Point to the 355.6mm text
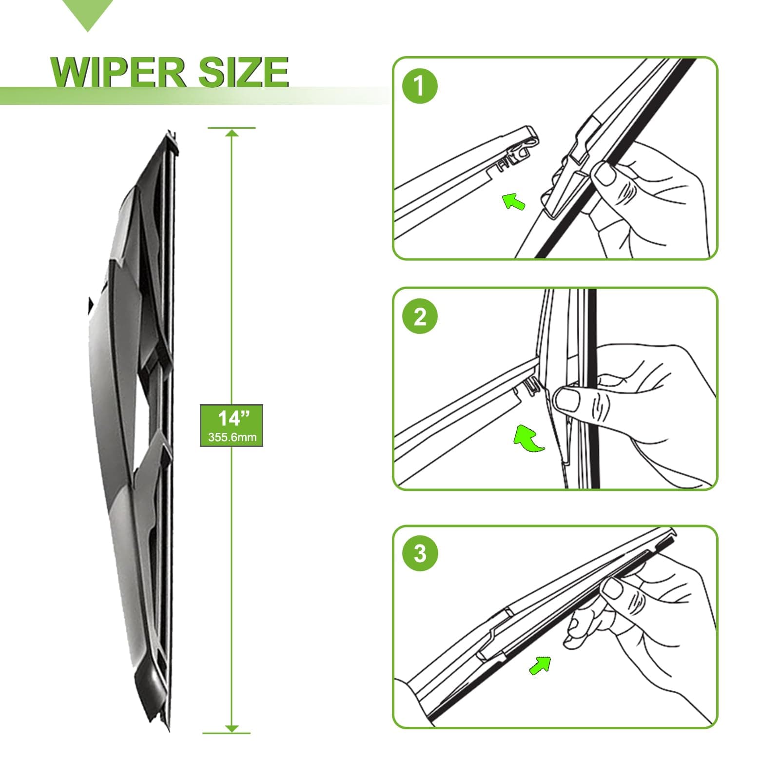232,437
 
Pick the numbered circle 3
420,553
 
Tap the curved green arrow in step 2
527,437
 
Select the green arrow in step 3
540,665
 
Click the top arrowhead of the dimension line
232,133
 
